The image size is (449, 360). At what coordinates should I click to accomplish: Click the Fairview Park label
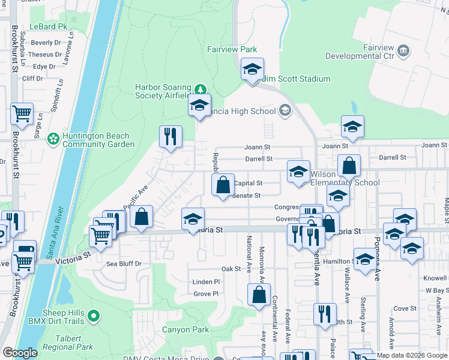pyautogui.click(x=232, y=49)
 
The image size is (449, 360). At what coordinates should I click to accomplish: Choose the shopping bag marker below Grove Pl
pyautogui.click(x=259, y=295)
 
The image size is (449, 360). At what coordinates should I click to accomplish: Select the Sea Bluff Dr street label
pyautogui.click(x=124, y=263)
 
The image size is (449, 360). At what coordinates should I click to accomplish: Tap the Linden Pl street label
pyautogui.click(x=206, y=281)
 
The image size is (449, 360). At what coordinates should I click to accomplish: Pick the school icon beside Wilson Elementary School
pyautogui.click(x=298, y=171)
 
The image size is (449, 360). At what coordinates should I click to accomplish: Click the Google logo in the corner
pyautogui.click(x=20, y=353)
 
